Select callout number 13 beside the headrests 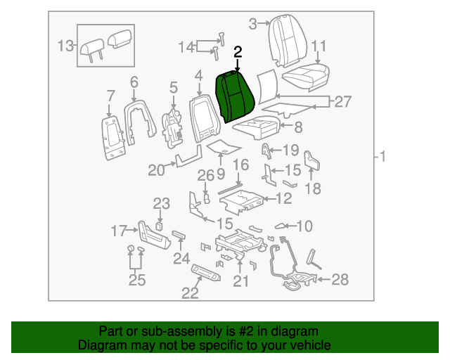[x=65, y=46]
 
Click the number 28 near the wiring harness [x=340, y=281]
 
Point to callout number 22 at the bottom [x=190, y=293]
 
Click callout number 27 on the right [x=342, y=102]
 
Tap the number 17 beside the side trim [x=120, y=230]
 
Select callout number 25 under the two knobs [x=136, y=281]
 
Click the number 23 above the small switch [x=162, y=204]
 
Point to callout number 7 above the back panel [x=110, y=96]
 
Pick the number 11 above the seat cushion [x=319, y=46]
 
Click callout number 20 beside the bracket [x=156, y=169]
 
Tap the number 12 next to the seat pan [x=283, y=199]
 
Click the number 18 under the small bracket [x=314, y=188]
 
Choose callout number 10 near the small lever [x=304, y=226]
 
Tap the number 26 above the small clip [x=205, y=174]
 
